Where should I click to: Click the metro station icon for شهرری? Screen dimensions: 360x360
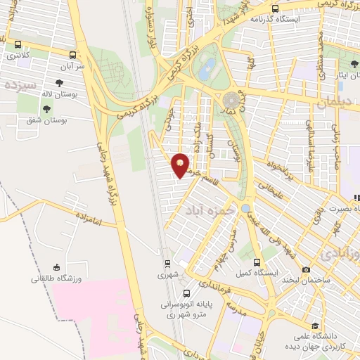click(x=167, y=264)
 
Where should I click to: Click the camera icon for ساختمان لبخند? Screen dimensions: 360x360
click(x=306, y=269)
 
